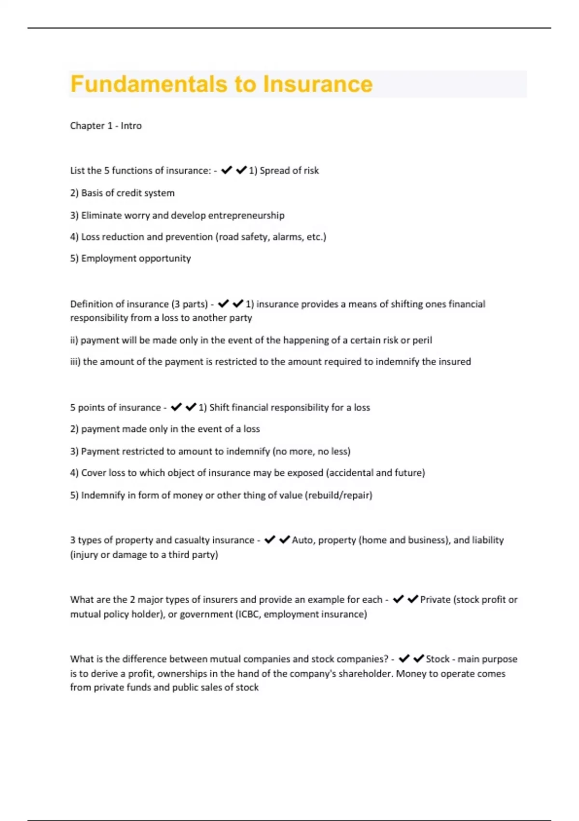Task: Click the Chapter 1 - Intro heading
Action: (x=106, y=126)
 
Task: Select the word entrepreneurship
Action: (x=246, y=215)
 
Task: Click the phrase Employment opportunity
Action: (x=130, y=258)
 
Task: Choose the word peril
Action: (x=422, y=340)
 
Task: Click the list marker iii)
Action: (x=75, y=362)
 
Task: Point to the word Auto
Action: (x=302, y=540)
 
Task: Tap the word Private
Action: (x=435, y=600)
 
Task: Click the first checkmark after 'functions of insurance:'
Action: (x=226, y=170)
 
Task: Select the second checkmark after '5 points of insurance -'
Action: (x=191, y=407)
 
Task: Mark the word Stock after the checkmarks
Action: (x=438, y=659)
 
